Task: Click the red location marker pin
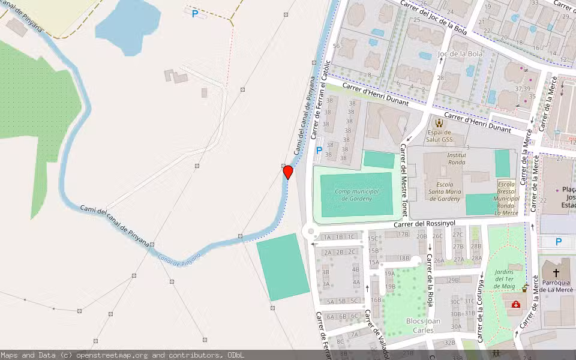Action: point(288,172)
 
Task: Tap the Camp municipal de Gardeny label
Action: point(356,194)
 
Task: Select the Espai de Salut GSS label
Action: point(439,136)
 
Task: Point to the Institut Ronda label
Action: point(457,158)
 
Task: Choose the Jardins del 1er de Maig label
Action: point(504,279)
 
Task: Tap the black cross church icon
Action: point(556,273)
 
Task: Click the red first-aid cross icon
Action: point(515,304)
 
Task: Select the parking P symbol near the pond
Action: point(195,13)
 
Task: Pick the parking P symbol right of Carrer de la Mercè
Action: point(559,242)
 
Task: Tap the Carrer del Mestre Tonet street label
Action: point(404,180)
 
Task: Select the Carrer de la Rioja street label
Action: point(430,280)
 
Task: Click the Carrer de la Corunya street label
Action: point(480,307)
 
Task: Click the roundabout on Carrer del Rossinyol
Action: point(310,231)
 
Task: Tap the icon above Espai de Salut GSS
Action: point(439,122)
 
